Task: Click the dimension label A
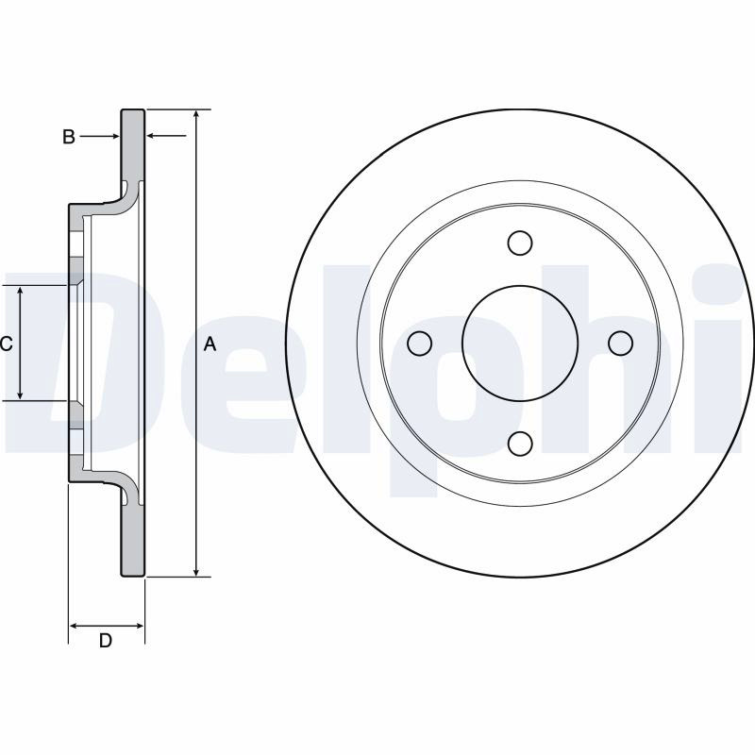(210, 344)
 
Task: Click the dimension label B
(69, 137)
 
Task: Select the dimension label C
(6, 344)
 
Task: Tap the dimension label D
(106, 641)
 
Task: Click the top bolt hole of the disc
(520, 243)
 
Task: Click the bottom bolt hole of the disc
(520, 444)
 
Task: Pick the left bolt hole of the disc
(419, 344)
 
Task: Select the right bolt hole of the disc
(620, 343)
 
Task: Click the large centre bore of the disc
(520, 344)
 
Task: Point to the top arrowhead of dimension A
(196, 114)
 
